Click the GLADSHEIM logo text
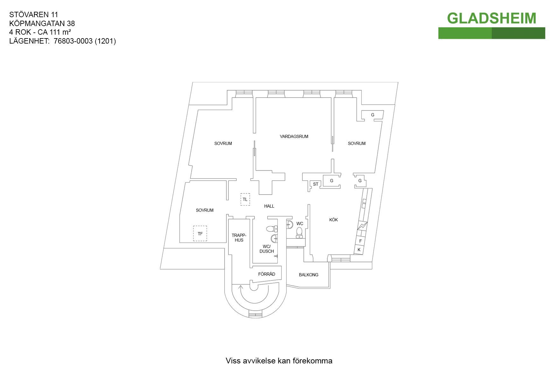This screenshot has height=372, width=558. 492,18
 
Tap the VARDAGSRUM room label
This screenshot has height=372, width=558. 294,137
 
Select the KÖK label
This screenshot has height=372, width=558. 333,220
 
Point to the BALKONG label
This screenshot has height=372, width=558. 309,275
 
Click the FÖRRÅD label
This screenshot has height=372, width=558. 267,274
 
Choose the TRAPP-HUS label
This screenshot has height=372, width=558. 239,238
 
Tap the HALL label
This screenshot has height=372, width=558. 269,206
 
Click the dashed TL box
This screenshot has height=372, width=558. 245,200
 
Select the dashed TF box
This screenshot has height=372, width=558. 200,234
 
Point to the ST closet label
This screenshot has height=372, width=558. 316,184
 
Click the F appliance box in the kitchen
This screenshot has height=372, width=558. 360,241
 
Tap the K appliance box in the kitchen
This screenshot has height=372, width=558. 359,250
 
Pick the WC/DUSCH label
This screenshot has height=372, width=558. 267,249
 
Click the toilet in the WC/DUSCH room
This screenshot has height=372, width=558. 271,229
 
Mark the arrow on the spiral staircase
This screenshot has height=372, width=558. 241,287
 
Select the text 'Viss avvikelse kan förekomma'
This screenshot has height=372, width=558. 279,361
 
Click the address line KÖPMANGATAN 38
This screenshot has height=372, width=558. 42,23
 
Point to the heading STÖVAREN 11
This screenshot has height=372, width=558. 34,14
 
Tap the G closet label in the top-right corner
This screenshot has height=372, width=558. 373,115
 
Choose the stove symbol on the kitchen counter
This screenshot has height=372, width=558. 362,226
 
